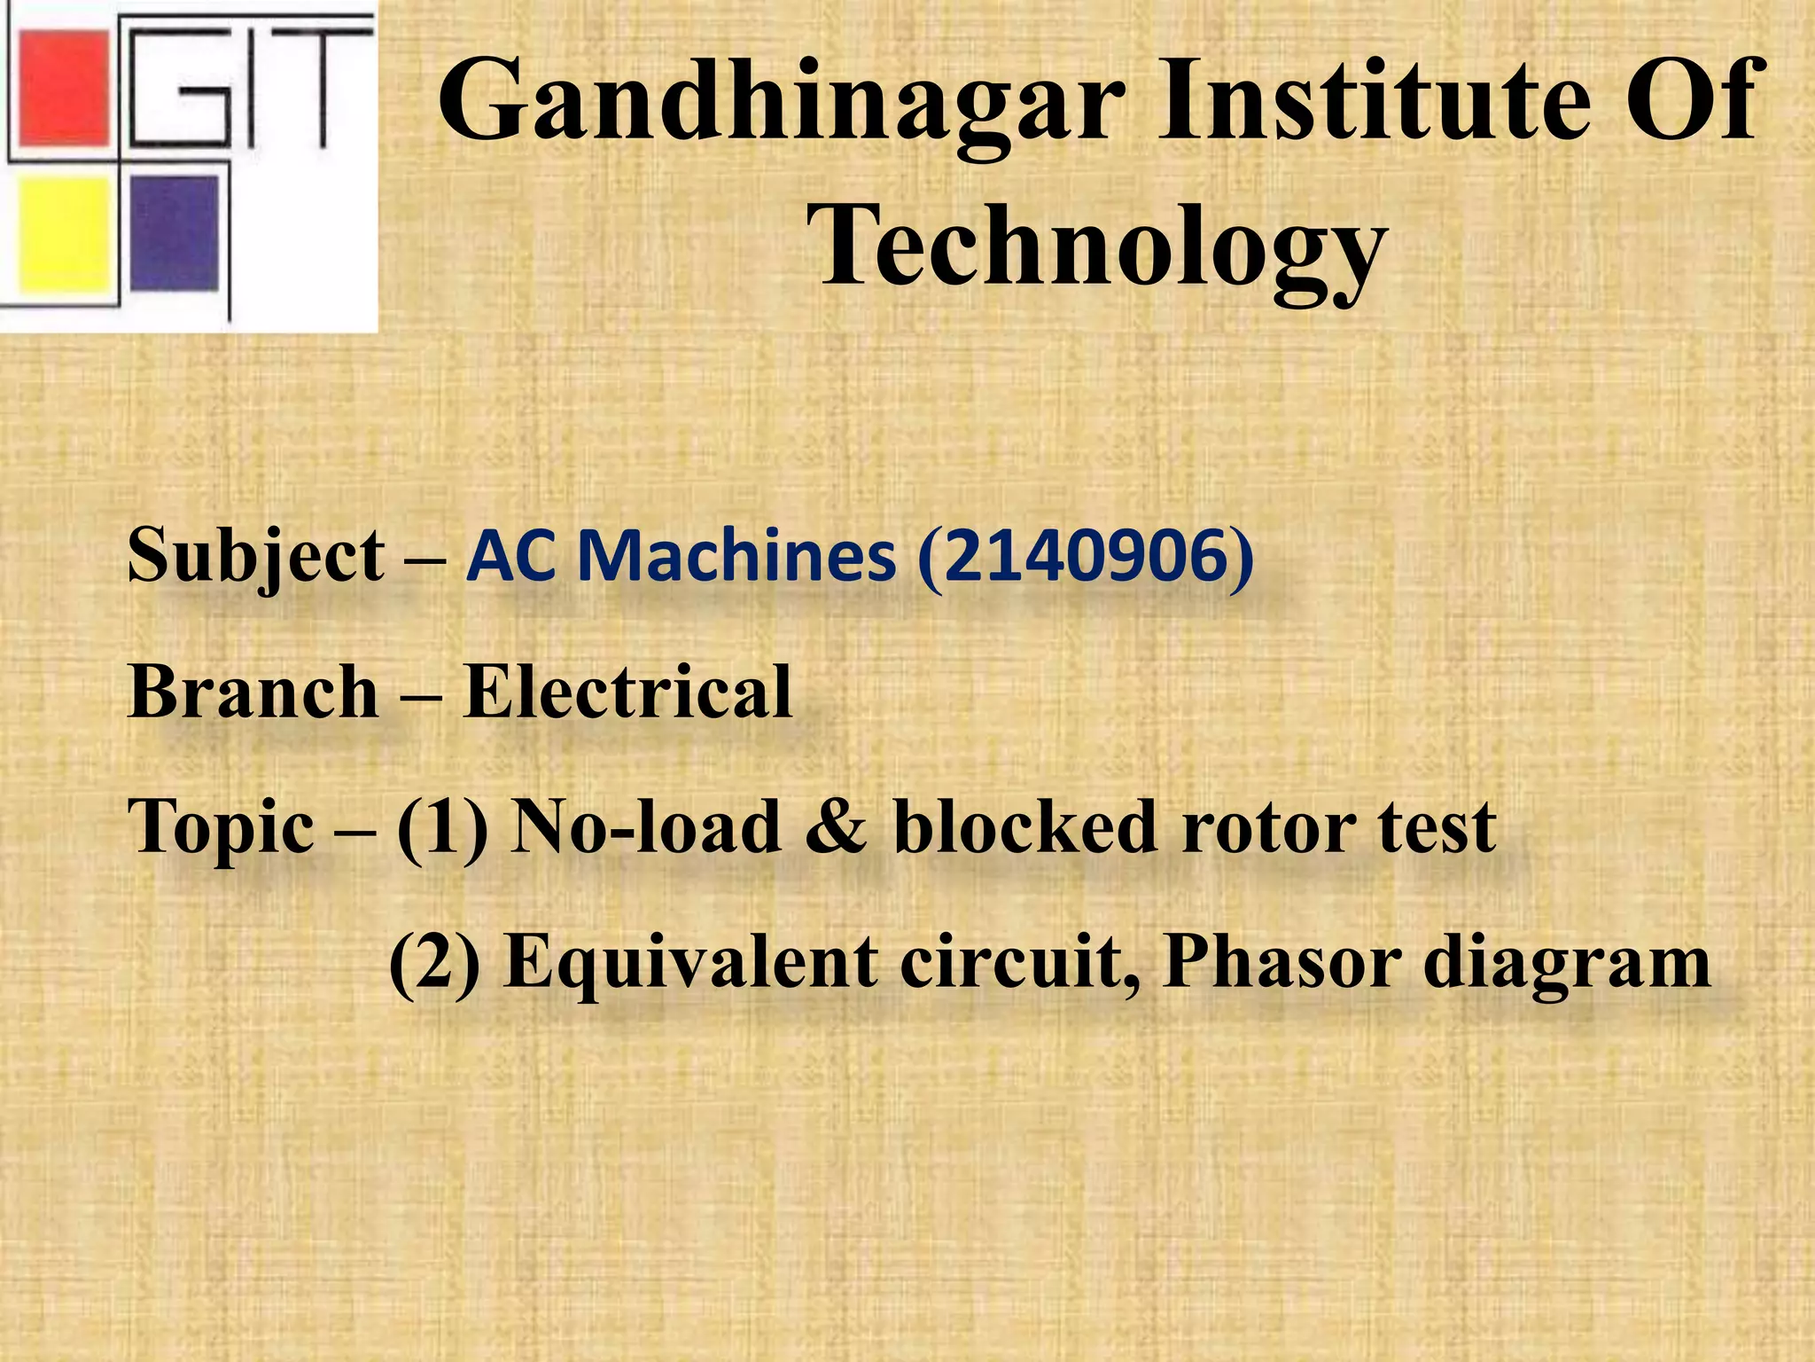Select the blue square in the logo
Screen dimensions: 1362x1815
[x=175, y=232]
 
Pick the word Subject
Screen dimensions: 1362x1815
[x=257, y=557]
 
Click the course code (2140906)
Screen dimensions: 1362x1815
[x=1086, y=556]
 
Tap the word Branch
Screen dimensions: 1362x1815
[x=253, y=692]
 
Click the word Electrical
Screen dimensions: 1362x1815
[x=627, y=692]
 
